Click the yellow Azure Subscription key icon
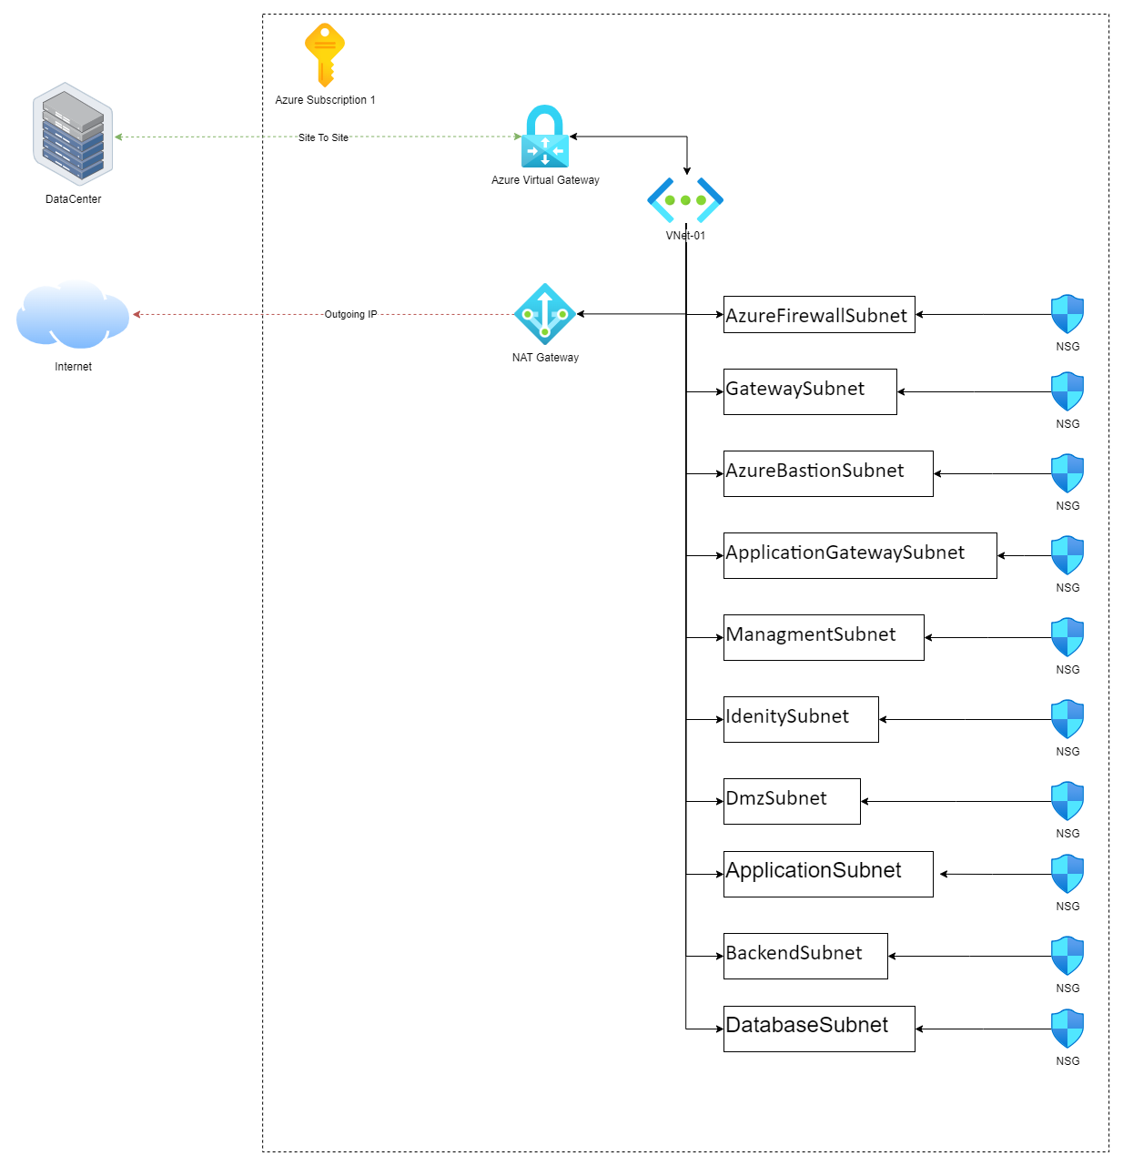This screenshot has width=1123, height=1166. tap(325, 55)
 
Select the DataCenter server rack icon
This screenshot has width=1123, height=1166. tap(73, 134)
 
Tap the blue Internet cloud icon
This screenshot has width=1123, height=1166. tap(73, 315)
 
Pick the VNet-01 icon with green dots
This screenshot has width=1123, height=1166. tap(685, 200)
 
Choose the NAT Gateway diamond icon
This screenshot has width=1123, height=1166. tap(545, 314)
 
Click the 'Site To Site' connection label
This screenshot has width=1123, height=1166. tap(323, 137)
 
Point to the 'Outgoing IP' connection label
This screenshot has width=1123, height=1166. tap(350, 314)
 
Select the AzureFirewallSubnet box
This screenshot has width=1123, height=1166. tap(819, 315)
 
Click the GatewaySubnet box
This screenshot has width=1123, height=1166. tap(810, 391)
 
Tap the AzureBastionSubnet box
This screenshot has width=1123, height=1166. tap(828, 473)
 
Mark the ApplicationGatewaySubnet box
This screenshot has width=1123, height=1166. tap(860, 555)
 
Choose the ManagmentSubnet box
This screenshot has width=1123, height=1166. tap(824, 637)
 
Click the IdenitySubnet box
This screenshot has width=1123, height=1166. tap(801, 719)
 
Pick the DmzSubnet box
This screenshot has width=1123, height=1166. tap(792, 801)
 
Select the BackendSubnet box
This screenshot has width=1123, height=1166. tap(805, 956)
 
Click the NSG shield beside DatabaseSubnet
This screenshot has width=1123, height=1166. tap(1067, 1029)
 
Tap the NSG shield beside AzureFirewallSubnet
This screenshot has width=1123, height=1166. tap(1067, 314)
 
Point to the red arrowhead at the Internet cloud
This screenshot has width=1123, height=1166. tap(137, 315)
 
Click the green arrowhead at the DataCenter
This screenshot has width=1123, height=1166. tap(118, 137)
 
